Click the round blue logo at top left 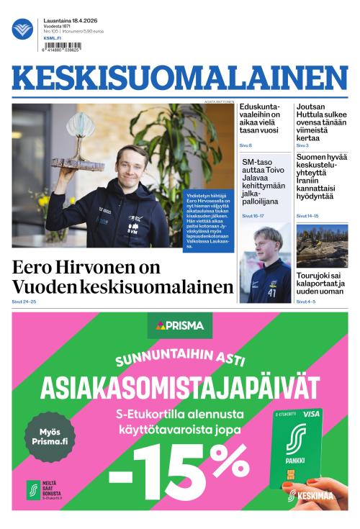click(x=22, y=29)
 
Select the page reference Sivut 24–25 click(x=24, y=302)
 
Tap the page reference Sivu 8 click(x=246, y=146)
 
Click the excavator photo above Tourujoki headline click(x=321, y=245)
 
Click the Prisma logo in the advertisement click(x=180, y=325)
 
